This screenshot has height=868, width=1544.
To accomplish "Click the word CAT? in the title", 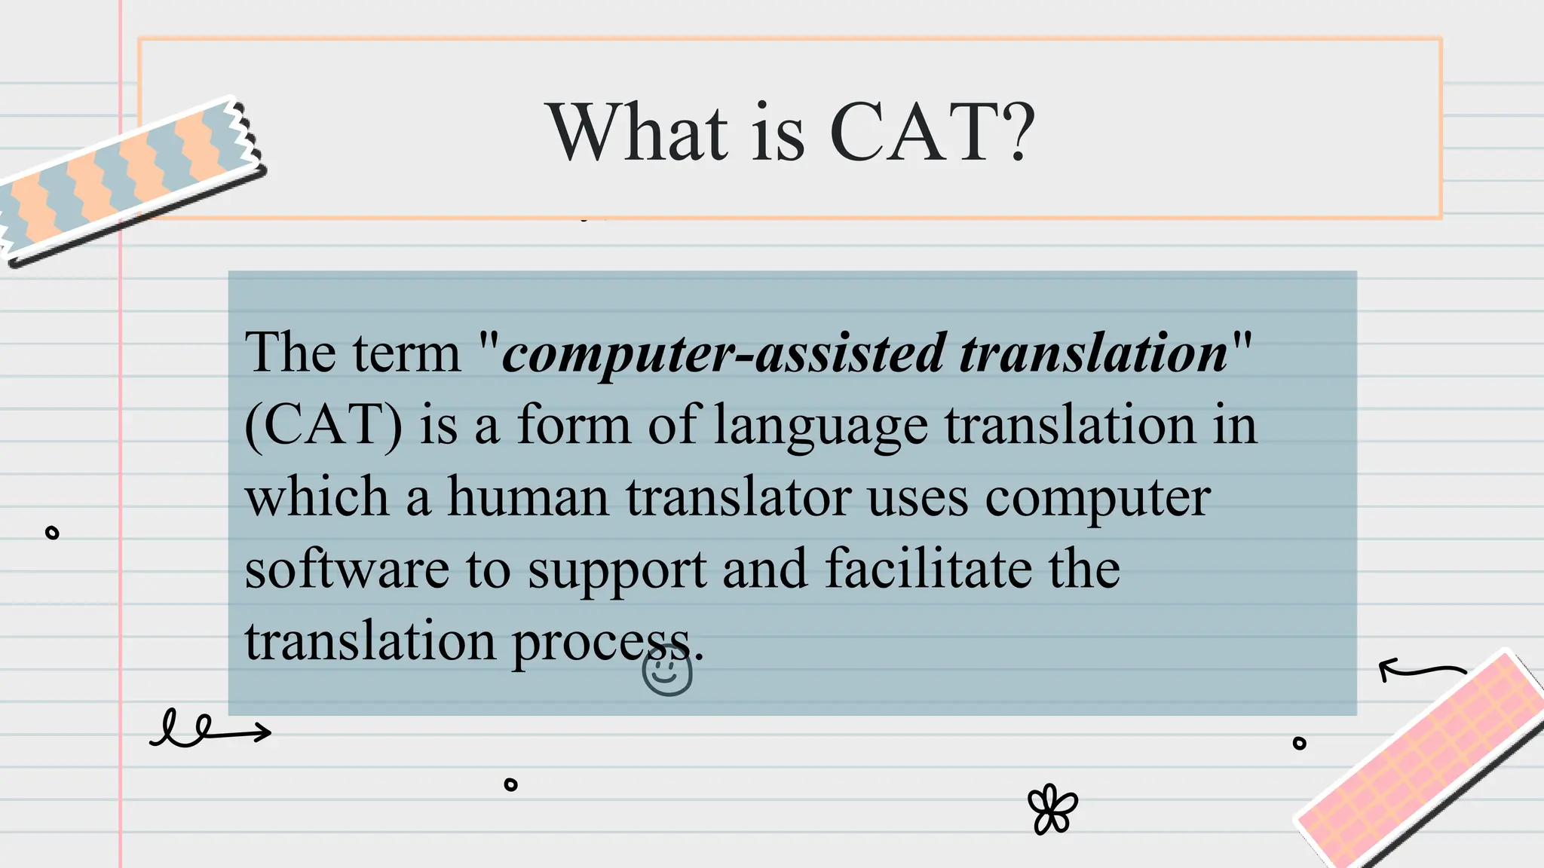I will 932,133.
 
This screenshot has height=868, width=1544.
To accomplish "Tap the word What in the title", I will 638,133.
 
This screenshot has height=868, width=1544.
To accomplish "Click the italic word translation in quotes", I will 1093,353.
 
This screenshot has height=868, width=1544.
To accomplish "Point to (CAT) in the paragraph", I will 323,426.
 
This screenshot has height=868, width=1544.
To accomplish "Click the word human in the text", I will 528,497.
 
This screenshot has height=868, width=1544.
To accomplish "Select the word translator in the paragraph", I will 738,497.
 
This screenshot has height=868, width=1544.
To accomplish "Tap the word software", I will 347,570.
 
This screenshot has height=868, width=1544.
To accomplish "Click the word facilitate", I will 928,568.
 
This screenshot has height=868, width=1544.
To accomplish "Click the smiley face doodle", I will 667,673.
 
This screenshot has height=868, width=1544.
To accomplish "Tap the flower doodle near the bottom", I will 1052,809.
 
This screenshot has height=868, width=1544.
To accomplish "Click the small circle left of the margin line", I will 52,533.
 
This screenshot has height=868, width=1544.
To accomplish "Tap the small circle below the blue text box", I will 510,784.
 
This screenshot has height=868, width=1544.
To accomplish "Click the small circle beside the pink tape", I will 1299,743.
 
